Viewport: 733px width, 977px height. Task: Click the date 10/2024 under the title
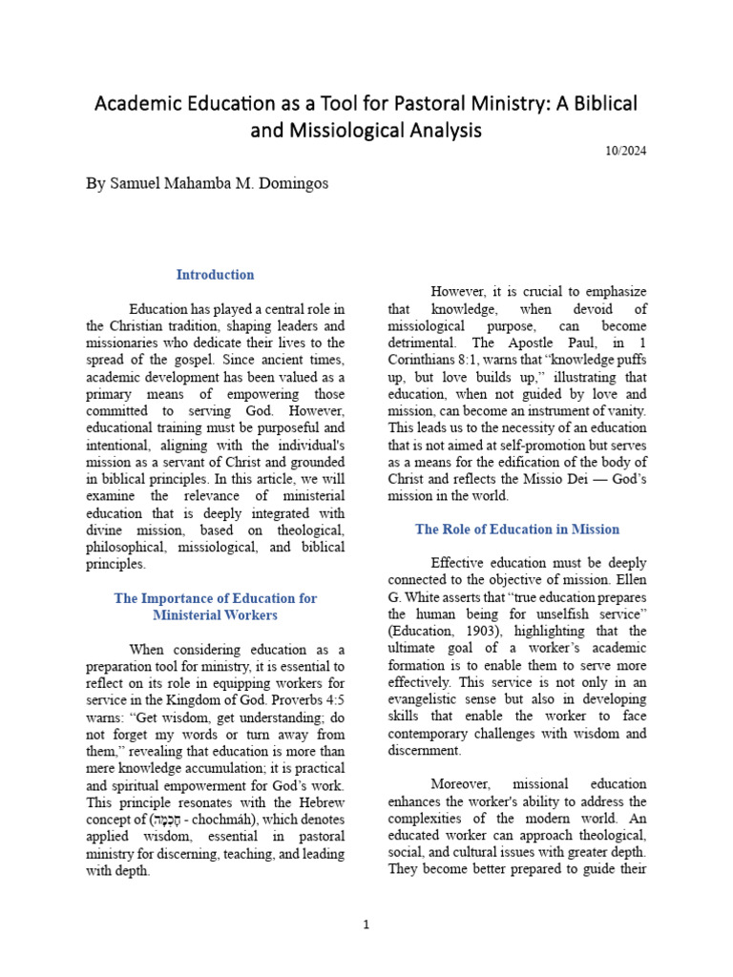626,151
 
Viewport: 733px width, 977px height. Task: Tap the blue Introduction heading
215,275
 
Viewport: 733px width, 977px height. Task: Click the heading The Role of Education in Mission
517,529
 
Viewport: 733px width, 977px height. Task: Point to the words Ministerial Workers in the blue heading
215,615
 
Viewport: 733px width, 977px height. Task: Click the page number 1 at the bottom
366,925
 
